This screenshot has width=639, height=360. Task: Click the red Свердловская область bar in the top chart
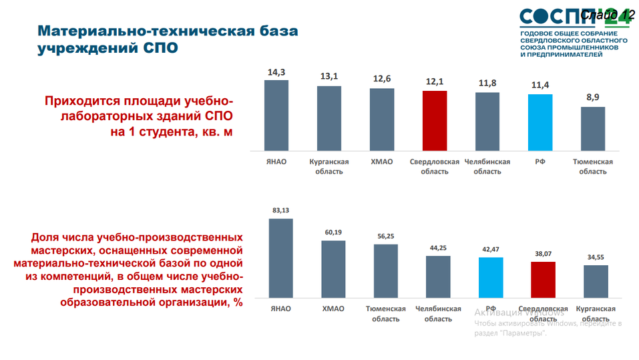coord(435,121)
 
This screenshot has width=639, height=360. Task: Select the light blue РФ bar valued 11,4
coord(540,122)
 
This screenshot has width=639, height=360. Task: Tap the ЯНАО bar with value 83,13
coord(280,258)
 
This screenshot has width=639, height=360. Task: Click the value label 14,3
coord(276,72)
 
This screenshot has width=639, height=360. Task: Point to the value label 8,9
coord(593,98)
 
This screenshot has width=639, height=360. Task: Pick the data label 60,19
coord(333,232)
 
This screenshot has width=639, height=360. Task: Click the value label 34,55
coord(596,257)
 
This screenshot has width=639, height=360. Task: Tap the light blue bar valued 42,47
coord(491,277)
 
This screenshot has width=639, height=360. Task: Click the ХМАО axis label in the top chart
coord(381,162)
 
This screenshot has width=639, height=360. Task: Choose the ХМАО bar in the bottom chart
coord(333,269)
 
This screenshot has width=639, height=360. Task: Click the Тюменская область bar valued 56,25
coord(385,271)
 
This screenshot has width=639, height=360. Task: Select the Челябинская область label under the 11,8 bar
coord(487,166)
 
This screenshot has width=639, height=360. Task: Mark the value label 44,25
coord(438,248)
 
